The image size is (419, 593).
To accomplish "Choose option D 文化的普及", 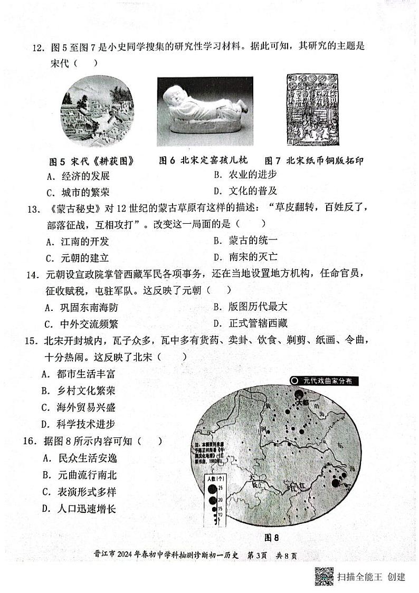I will [246, 191].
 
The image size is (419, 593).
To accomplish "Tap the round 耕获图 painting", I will [97, 112].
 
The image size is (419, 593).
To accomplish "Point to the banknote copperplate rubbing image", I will [313, 110].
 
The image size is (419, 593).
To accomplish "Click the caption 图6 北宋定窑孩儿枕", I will [203, 161].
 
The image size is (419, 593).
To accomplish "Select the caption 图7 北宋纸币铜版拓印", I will [313, 161].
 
